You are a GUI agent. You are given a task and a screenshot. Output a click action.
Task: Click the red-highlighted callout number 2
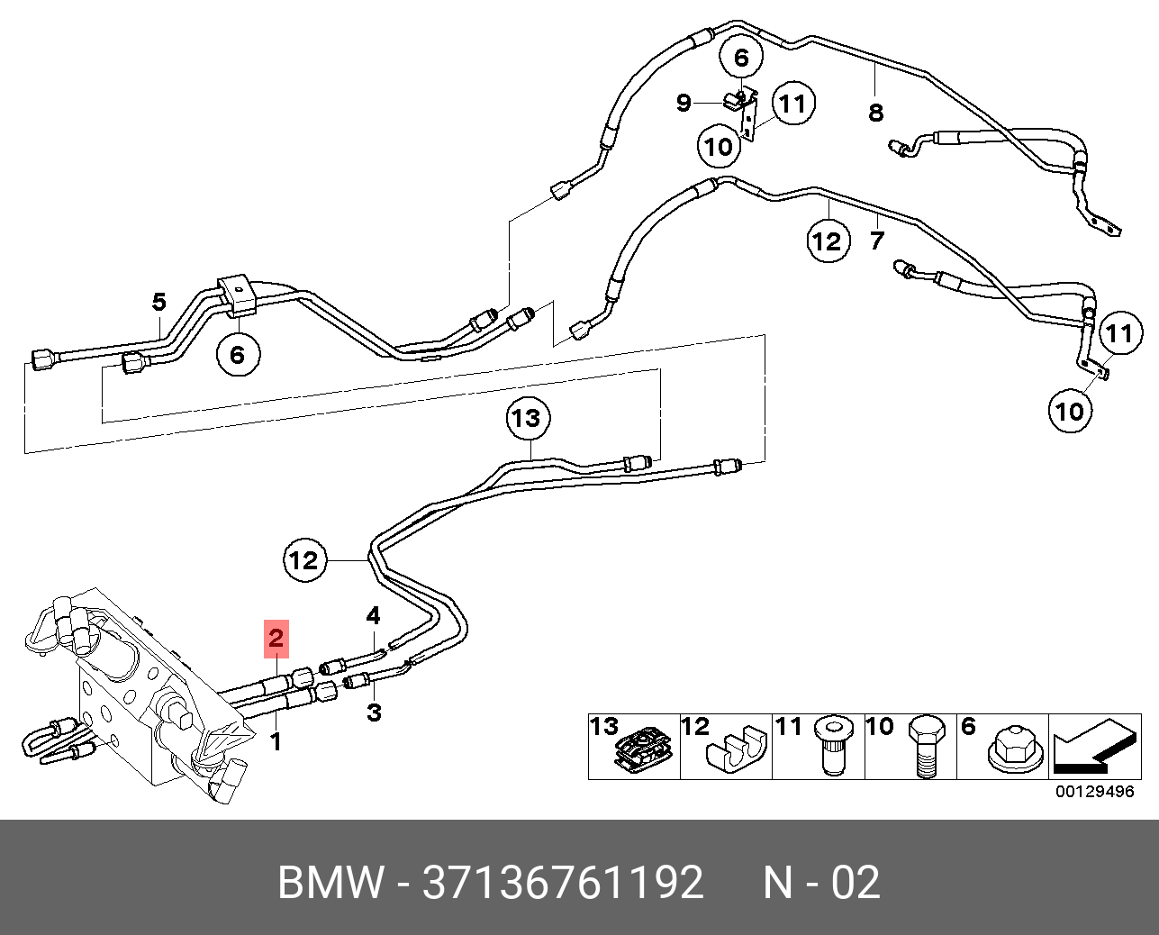coord(276,639)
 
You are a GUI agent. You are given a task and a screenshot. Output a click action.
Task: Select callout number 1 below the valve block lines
coord(276,742)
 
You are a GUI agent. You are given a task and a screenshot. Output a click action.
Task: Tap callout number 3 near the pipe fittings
coord(374,713)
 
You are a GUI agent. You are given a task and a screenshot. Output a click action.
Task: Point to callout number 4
coord(373,615)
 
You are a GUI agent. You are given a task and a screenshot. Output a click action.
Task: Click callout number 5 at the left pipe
coord(158,302)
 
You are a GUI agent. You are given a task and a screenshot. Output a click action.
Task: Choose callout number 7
coord(877,241)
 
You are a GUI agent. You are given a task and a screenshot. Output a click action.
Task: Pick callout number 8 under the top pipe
coord(876,113)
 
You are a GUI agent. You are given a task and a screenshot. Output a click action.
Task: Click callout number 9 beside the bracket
coord(684,103)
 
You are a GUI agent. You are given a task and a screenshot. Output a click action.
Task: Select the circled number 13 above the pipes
coord(528,418)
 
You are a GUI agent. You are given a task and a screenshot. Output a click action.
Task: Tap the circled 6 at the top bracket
coord(742,57)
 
